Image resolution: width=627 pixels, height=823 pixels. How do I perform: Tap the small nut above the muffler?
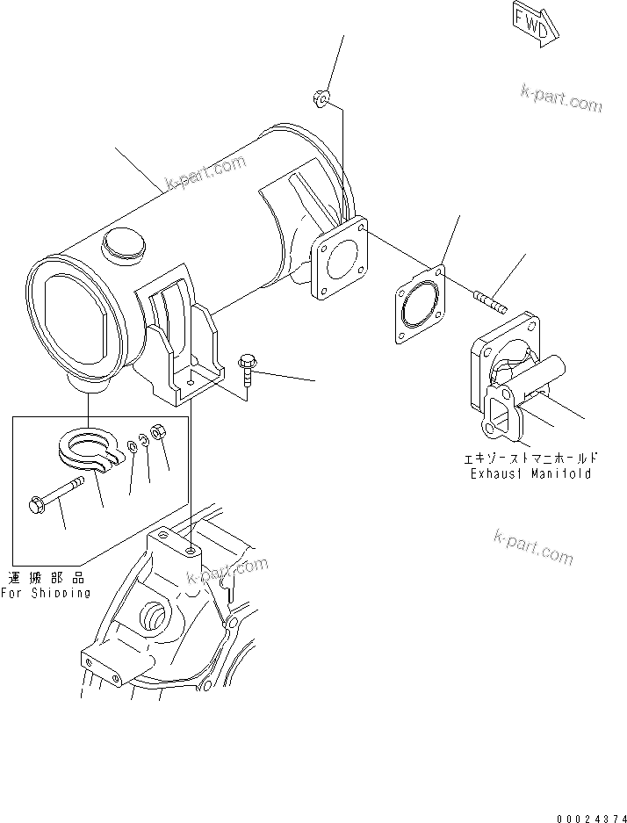[x=321, y=100]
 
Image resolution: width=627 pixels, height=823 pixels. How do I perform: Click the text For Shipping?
[x=45, y=592]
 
